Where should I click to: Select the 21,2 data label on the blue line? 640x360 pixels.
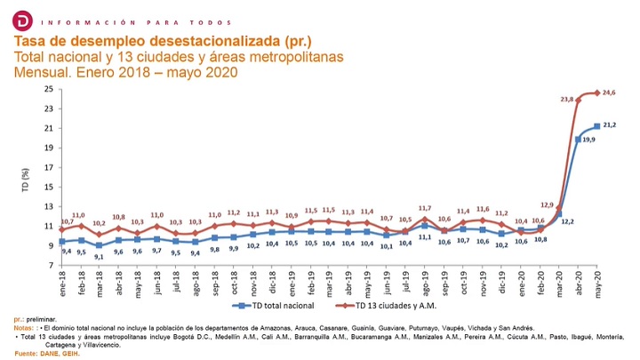tap(611, 126)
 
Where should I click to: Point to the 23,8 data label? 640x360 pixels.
tap(566, 100)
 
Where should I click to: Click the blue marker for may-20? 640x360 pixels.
tap(596, 126)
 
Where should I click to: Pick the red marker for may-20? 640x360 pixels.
tap(596, 92)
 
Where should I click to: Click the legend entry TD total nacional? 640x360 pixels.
tap(277, 305)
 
